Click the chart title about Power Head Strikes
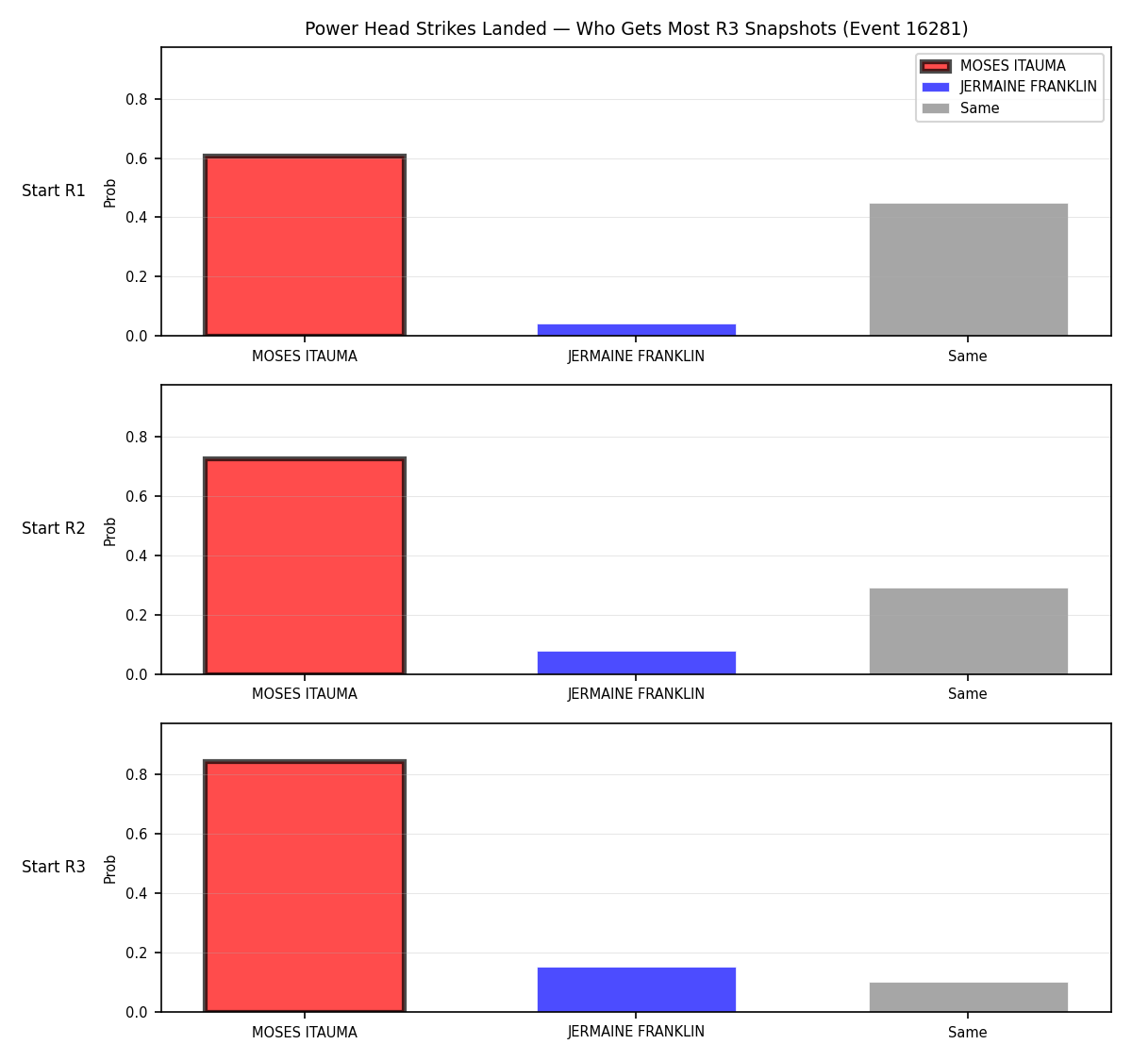(636, 28)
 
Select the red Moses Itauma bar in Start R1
(305, 245)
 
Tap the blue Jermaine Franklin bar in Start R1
(636, 329)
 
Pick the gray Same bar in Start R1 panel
(968, 269)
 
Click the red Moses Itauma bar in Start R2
(305, 566)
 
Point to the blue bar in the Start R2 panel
(636, 662)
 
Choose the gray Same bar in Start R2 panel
(968, 631)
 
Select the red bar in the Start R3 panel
(305, 887)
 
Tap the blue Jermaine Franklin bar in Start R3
(636, 990)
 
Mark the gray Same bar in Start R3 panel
(968, 998)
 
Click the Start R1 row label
(54, 191)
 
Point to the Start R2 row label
(54, 528)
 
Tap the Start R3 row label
(54, 867)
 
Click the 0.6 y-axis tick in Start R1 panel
(136, 158)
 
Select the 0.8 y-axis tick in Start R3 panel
(136, 774)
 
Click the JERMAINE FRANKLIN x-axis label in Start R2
(636, 694)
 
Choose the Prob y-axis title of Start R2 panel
(110, 531)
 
